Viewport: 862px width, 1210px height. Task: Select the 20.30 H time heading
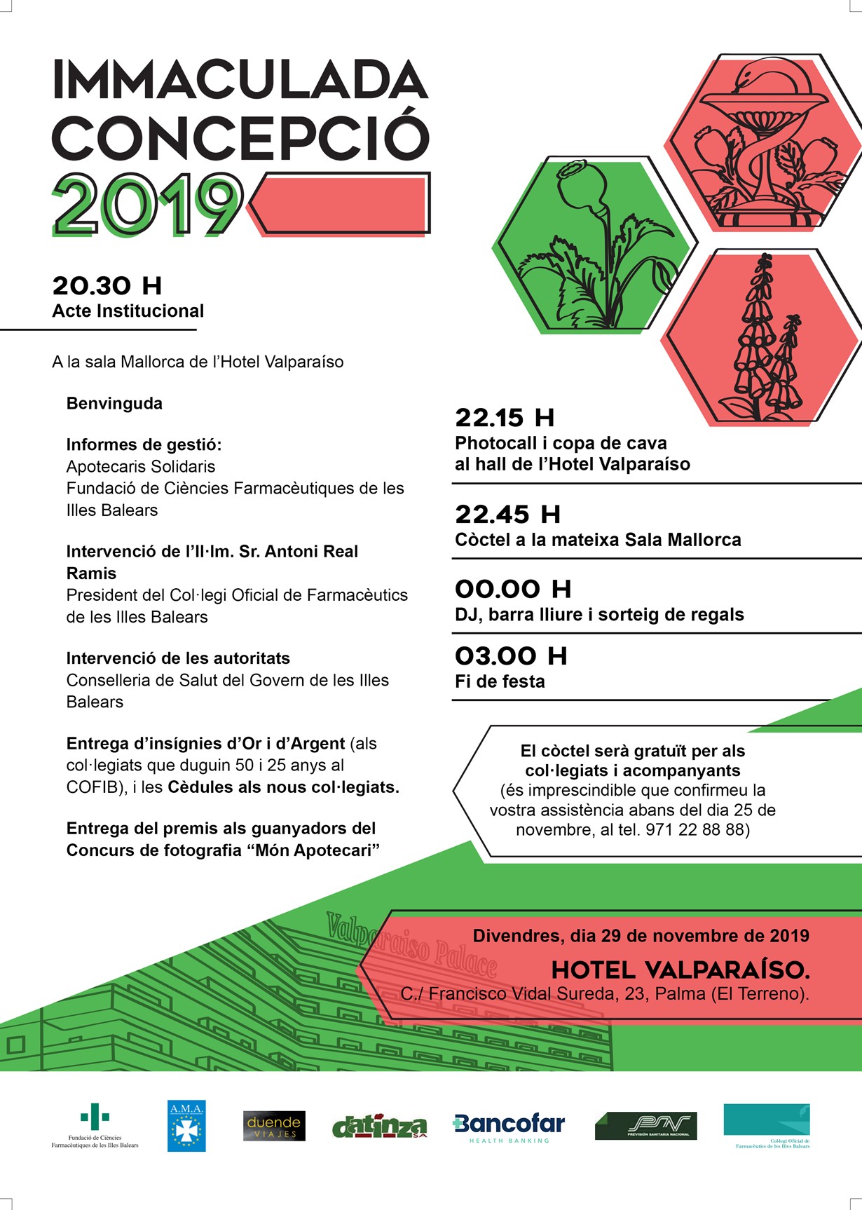tap(107, 286)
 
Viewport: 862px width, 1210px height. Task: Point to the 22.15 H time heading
tap(505, 418)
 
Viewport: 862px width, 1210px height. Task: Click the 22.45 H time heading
tap(507, 515)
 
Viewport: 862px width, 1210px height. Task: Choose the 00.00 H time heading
tap(513, 589)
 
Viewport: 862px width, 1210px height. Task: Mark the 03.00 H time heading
tap(511, 656)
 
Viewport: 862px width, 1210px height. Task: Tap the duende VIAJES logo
tap(274, 1126)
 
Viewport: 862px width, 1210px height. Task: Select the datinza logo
tap(379, 1127)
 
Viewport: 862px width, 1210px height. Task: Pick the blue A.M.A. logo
tap(186, 1126)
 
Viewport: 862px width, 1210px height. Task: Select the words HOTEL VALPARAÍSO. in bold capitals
tap(680, 970)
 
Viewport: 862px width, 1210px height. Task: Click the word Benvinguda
tap(114, 404)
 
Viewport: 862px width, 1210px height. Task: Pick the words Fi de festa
tap(500, 681)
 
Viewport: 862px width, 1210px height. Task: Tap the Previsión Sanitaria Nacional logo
tap(645, 1126)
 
